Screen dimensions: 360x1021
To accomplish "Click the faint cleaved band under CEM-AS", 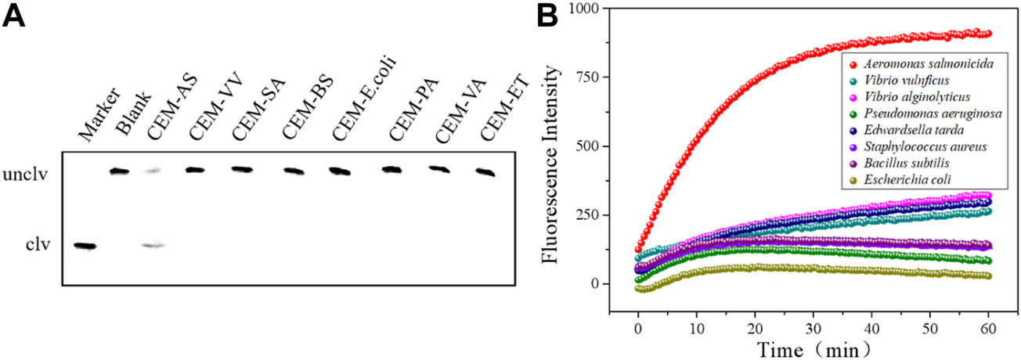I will click(x=154, y=245).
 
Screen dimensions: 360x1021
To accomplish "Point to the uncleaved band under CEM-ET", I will click(x=486, y=172).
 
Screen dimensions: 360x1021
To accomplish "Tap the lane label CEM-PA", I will click(x=406, y=110).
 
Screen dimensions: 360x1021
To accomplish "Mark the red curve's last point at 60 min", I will click(x=988, y=34).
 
